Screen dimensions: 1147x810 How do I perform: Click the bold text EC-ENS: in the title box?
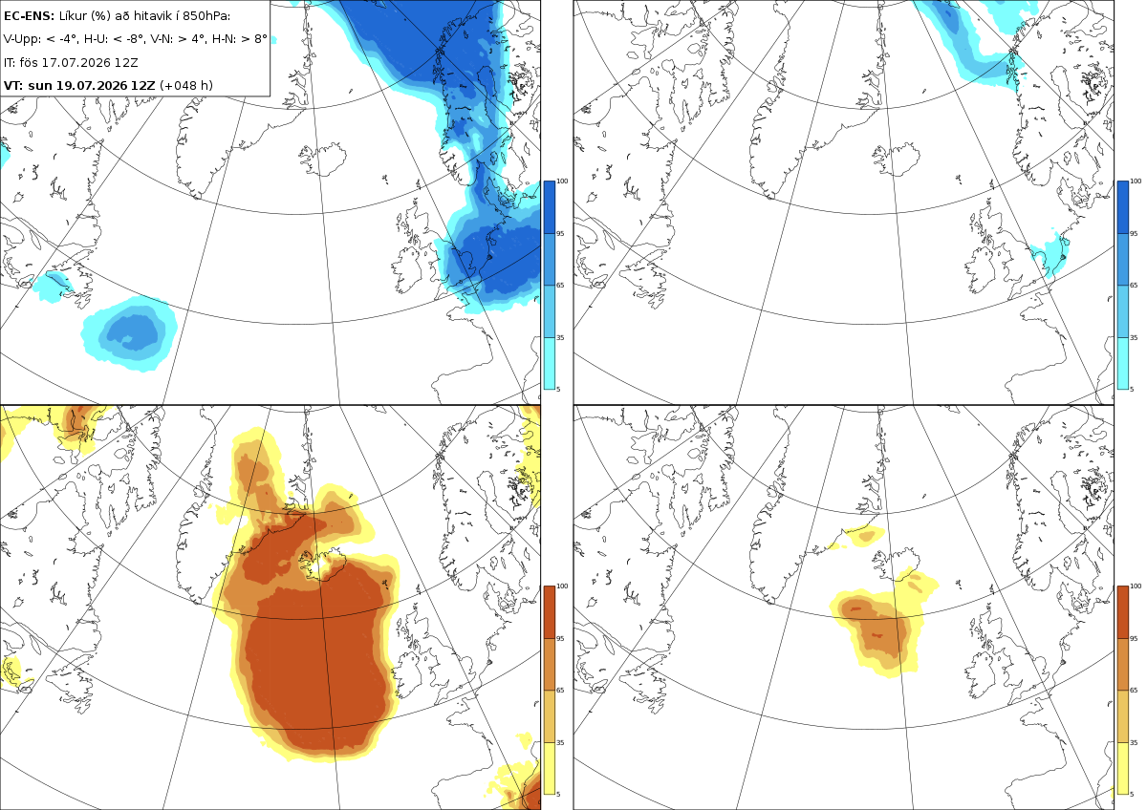coord(29,16)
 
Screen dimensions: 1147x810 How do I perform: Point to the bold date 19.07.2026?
coord(91,85)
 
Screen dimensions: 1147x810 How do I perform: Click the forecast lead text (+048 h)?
coord(185,85)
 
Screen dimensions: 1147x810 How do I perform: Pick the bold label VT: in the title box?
coord(13,85)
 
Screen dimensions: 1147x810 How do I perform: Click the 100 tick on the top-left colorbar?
coord(562,181)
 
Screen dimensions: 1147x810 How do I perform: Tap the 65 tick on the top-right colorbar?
coord(1134,285)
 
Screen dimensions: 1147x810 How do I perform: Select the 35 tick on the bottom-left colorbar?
coord(560,742)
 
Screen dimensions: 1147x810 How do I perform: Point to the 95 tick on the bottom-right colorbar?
coord(1134,639)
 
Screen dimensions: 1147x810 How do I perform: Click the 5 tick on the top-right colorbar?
coord(1132,390)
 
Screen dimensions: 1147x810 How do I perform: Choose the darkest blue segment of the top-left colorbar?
coord(549,207)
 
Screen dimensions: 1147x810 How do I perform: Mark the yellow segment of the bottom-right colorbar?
coord(1122,768)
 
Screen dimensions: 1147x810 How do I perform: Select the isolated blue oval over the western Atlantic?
coord(129,333)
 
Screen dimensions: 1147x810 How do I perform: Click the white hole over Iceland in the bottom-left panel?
coord(323,567)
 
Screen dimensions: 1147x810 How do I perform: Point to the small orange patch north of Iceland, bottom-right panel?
coord(867,536)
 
